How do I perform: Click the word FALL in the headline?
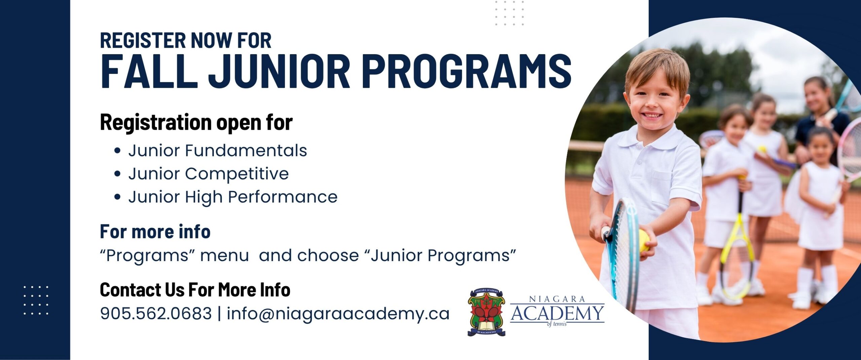point(149,71)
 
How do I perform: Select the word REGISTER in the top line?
point(143,40)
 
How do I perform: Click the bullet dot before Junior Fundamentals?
point(117,151)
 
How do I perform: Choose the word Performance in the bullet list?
point(283,197)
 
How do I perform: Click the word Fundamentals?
point(246,150)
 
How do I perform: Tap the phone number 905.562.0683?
point(156,313)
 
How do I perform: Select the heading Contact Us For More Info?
point(195,289)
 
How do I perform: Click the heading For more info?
point(155,231)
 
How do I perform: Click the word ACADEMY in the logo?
point(557,313)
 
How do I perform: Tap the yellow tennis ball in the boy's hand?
point(643,241)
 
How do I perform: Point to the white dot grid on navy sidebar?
point(36,300)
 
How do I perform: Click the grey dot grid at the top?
point(509,13)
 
